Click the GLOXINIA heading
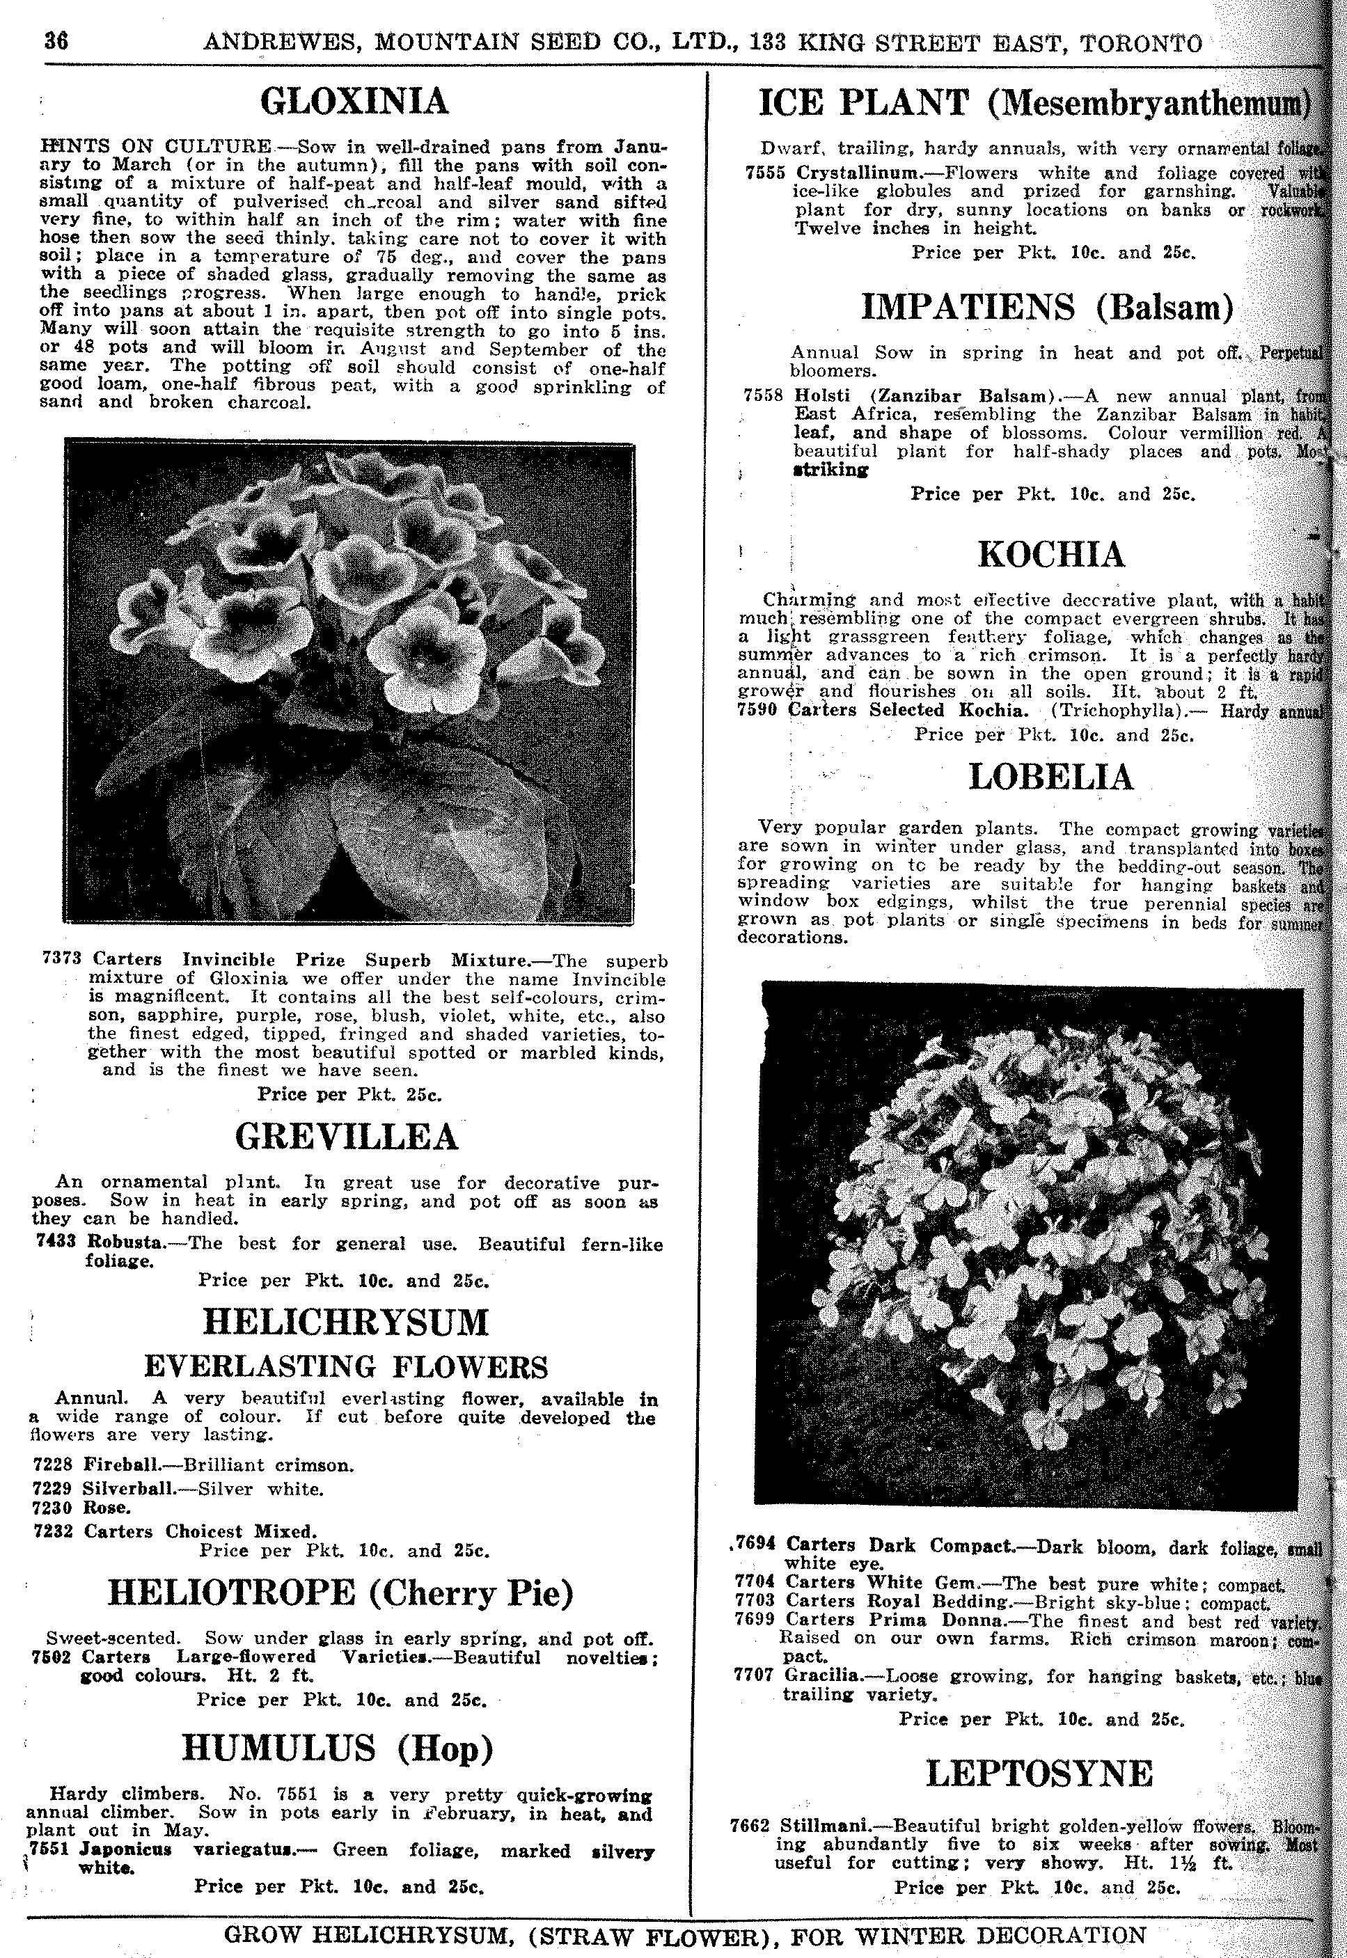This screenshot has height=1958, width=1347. click(354, 103)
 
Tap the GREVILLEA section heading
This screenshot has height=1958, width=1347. click(347, 1137)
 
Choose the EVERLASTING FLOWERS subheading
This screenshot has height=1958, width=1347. click(346, 1366)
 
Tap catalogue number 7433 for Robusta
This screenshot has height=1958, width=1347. click(56, 1244)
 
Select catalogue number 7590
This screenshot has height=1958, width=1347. click(757, 710)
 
